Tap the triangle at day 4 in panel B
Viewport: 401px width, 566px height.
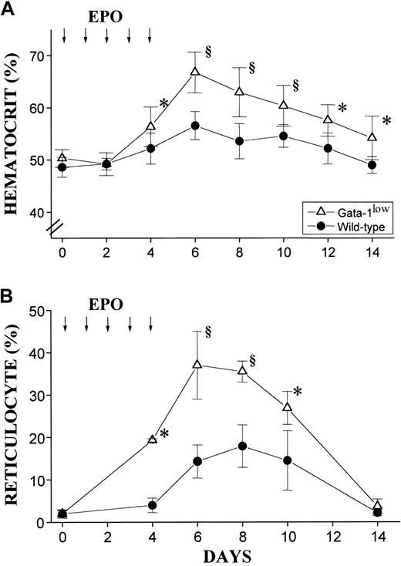[x=152, y=439]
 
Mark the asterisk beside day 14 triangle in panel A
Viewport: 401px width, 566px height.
[x=386, y=120]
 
